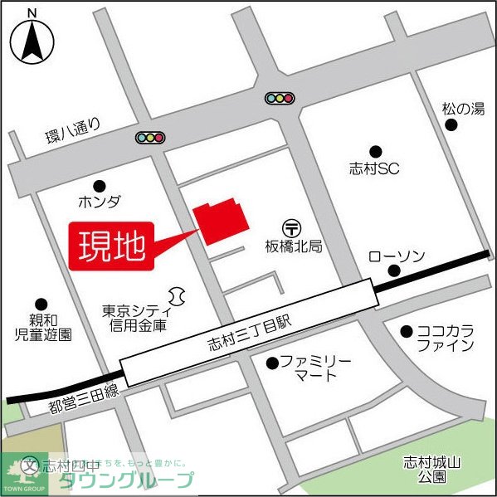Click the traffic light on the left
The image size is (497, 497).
[x=150, y=138]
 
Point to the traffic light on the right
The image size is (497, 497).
[x=280, y=99]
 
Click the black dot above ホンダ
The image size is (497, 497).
[x=100, y=185]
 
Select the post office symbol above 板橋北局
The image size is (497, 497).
[x=292, y=227]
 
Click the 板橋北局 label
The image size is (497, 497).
[x=294, y=246]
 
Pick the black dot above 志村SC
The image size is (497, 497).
[x=375, y=151]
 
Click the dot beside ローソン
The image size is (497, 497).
[x=394, y=270]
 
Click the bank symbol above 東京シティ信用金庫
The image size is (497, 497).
[x=177, y=295]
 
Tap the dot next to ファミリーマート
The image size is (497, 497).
[x=271, y=363]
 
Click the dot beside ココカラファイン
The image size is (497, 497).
[x=406, y=331]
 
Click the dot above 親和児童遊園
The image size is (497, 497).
[x=41, y=305]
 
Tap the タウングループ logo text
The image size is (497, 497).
[x=124, y=480]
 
